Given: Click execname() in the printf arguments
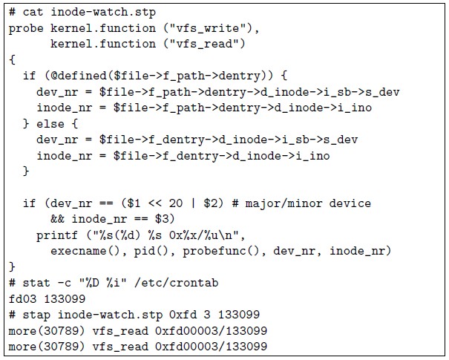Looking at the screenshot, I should coord(85,250).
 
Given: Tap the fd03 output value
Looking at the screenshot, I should coord(22,298).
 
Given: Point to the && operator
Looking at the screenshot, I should coord(57,220).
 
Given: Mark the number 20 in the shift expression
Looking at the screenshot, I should coord(176,203).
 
